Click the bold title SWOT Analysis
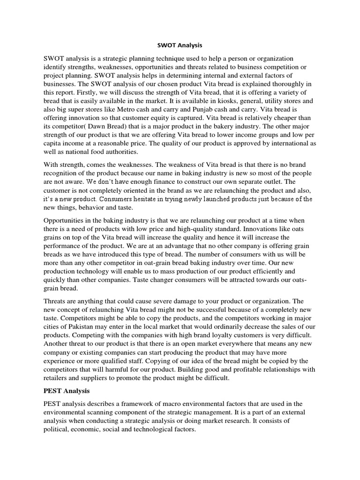(180, 46)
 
